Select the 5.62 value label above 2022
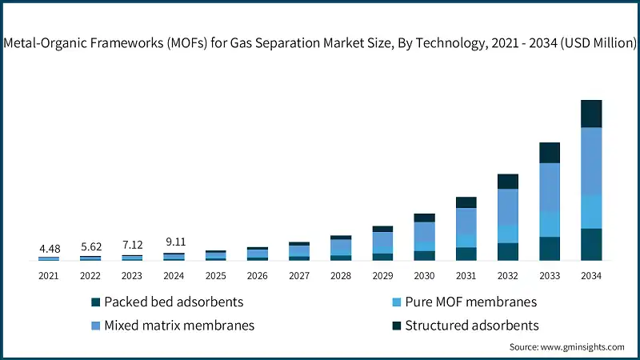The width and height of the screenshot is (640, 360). [x=90, y=247]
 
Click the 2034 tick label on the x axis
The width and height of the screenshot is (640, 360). [x=591, y=275]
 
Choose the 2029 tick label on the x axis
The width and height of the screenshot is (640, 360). [x=382, y=275]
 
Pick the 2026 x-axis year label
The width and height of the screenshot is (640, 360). [x=258, y=275]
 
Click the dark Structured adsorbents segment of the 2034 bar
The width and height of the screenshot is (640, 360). [x=591, y=114]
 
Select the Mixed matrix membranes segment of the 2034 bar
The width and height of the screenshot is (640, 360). [x=591, y=161]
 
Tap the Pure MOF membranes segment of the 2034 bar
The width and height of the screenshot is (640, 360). [x=591, y=211]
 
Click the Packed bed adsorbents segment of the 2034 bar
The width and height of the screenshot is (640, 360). [x=591, y=244]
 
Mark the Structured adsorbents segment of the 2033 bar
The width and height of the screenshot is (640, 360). [x=550, y=153]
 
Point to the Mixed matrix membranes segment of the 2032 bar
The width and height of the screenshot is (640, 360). [x=508, y=206]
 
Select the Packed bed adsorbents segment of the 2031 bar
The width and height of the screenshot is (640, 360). [x=466, y=254]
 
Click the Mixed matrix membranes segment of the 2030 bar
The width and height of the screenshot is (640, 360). [x=425, y=232]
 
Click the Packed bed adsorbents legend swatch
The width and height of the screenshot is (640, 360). [x=96, y=302]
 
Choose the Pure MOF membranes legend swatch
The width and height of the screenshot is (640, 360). [x=396, y=302]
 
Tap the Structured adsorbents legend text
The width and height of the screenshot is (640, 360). [x=471, y=326]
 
